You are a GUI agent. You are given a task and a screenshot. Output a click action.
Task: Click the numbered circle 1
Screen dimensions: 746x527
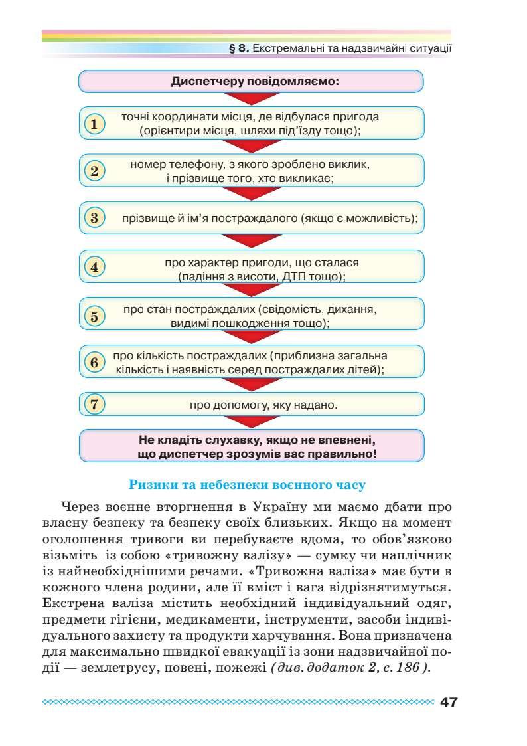[x=95, y=124]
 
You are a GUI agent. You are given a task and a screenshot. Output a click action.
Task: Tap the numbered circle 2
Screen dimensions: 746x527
[x=95, y=171]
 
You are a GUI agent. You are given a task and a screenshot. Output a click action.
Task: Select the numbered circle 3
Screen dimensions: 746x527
[x=95, y=217]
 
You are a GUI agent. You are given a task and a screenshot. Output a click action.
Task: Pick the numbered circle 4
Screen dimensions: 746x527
[x=95, y=267]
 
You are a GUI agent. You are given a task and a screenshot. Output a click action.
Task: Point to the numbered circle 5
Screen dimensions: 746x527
[x=95, y=316]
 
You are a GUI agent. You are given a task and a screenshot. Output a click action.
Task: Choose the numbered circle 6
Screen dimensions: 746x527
[x=95, y=362]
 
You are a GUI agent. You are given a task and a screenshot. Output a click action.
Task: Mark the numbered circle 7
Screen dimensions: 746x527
[x=95, y=404]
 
